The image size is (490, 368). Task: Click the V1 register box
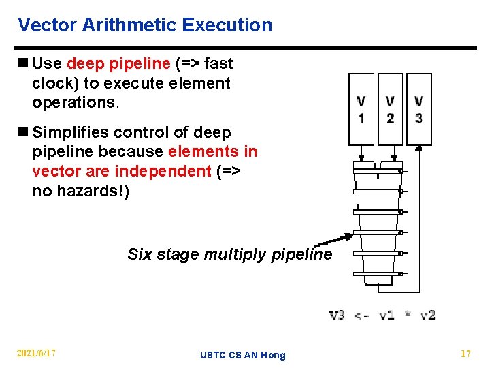tap(361, 109)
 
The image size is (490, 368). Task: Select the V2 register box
tap(390, 109)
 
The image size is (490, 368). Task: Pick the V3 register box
tap(419, 109)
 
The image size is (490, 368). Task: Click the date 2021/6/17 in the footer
tap(37, 354)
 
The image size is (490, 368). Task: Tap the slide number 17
tap(465, 354)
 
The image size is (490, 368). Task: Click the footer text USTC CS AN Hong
tap(243, 355)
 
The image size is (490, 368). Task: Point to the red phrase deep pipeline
tap(118, 64)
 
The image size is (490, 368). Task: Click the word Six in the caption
tap(140, 255)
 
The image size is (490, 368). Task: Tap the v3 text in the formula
tap(337, 315)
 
